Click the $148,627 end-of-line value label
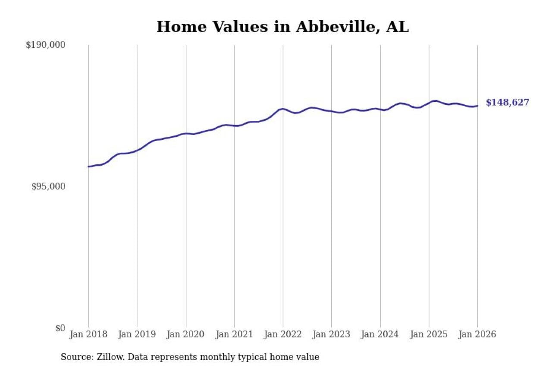(507, 103)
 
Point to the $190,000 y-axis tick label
(45, 45)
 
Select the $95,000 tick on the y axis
(48, 186)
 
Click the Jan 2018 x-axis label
(88, 335)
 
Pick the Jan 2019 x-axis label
(137, 335)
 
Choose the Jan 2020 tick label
(186, 335)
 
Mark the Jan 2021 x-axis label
(235, 335)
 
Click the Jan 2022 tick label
(283, 335)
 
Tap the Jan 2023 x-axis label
(332, 335)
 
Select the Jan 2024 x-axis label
(380, 335)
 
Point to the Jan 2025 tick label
(429, 335)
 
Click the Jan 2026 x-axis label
(477, 335)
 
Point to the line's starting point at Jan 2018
(88, 167)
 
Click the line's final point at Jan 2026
(477, 106)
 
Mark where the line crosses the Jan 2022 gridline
(283, 109)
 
